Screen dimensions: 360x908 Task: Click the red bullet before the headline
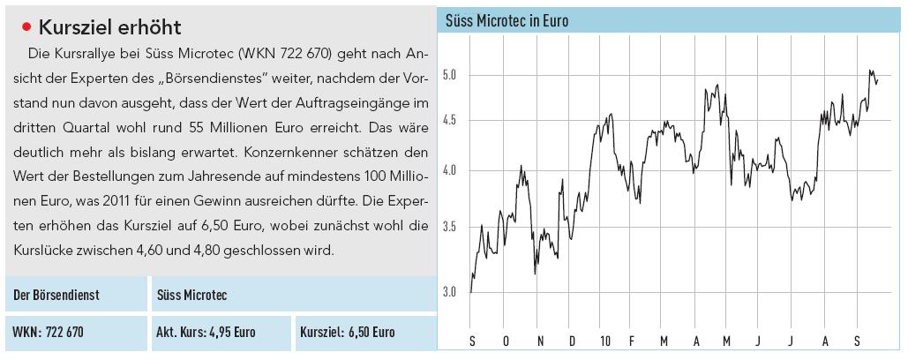click(26, 26)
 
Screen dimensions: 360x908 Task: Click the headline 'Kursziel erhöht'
click(110, 26)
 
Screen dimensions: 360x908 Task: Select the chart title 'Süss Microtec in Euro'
click(507, 19)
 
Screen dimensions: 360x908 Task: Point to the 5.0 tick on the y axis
click(451, 75)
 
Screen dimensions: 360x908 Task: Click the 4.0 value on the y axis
click(451, 170)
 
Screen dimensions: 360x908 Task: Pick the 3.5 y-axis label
click(451, 227)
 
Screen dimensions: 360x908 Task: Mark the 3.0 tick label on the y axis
click(451, 291)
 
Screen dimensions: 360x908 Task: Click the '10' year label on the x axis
click(604, 341)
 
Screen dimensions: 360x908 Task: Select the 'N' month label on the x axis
click(539, 341)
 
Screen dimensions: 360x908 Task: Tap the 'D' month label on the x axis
click(572, 341)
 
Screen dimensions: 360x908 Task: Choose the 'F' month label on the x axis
click(632, 341)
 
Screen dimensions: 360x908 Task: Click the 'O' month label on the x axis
click(506, 341)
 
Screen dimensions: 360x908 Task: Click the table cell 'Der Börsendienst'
click(52, 294)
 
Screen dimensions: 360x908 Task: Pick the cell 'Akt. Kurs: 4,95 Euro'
click(206, 333)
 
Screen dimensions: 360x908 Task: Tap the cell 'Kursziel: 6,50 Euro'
click(348, 333)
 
